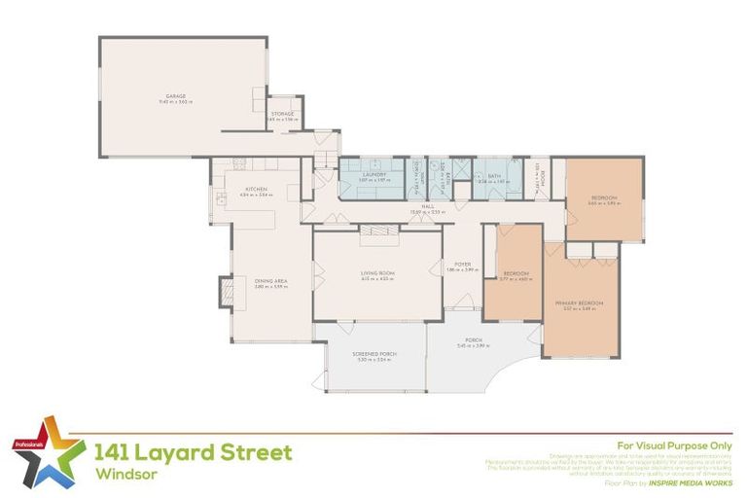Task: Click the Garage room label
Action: point(175,97)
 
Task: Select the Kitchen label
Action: point(257,191)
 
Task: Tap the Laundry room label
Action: point(374,176)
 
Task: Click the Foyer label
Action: point(463,264)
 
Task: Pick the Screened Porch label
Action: point(373,356)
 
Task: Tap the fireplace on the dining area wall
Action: point(226,291)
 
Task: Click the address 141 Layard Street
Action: point(193,452)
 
